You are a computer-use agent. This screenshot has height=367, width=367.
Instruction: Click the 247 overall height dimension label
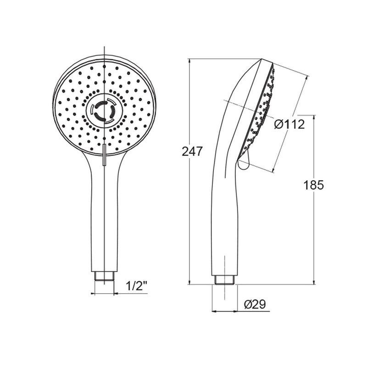(x=192, y=151)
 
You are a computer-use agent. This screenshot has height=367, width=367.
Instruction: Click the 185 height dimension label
(x=313, y=185)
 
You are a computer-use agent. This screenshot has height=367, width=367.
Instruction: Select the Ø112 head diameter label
(x=290, y=124)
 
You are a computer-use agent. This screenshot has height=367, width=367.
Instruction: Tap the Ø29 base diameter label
(x=255, y=305)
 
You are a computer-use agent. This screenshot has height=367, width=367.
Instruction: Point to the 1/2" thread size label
(x=136, y=286)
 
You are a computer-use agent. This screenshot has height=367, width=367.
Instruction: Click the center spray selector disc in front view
(x=104, y=111)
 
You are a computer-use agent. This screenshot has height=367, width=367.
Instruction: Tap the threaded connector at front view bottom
(x=104, y=276)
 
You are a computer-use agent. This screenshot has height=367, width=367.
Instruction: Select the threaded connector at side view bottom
(x=225, y=280)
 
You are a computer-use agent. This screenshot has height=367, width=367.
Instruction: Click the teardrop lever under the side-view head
(x=243, y=161)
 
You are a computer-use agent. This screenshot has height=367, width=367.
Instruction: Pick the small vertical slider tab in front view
(x=105, y=155)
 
